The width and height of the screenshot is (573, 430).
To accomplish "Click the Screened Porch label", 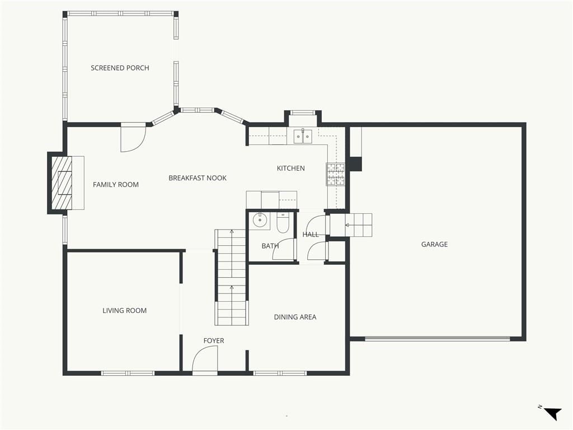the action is [120, 68].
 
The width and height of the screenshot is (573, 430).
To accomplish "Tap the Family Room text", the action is [116, 185].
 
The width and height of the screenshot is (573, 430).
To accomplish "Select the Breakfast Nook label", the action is [198, 178].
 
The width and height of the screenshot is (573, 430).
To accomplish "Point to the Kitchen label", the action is [290, 168].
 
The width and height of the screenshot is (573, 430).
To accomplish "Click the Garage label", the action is [434, 244].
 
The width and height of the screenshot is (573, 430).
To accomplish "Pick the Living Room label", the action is [125, 311].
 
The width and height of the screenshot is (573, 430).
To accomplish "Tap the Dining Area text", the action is [295, 317].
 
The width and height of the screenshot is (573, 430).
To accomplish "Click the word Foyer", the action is [214, 341].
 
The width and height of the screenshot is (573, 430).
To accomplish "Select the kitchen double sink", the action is [303, 137].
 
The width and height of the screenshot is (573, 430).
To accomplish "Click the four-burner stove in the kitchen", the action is [336, 174].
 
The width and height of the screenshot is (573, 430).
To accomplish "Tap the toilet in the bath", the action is [283, 223].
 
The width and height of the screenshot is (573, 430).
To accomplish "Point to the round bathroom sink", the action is [260, 220].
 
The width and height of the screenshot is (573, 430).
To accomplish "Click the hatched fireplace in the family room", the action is [62, 183].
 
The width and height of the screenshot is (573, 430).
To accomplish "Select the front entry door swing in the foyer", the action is [205, 360].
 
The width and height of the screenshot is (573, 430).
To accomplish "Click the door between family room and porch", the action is [133, 138].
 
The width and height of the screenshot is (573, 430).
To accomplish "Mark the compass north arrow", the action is [552, 413].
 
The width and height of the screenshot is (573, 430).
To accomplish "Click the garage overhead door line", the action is [438, 339].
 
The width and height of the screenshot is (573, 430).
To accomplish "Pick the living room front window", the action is [128, 373].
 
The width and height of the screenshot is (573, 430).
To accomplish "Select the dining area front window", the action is [280, 373].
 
